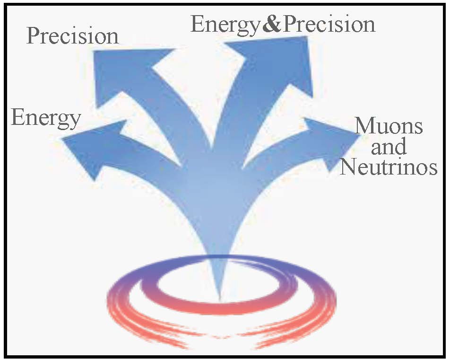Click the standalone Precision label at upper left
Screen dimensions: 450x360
73,36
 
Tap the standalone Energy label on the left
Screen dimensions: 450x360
46,118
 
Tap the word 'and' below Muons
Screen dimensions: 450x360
389,146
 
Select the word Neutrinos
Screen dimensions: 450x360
389,167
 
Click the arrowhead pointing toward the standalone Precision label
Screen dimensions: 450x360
126,75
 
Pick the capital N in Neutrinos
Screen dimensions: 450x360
349,167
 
